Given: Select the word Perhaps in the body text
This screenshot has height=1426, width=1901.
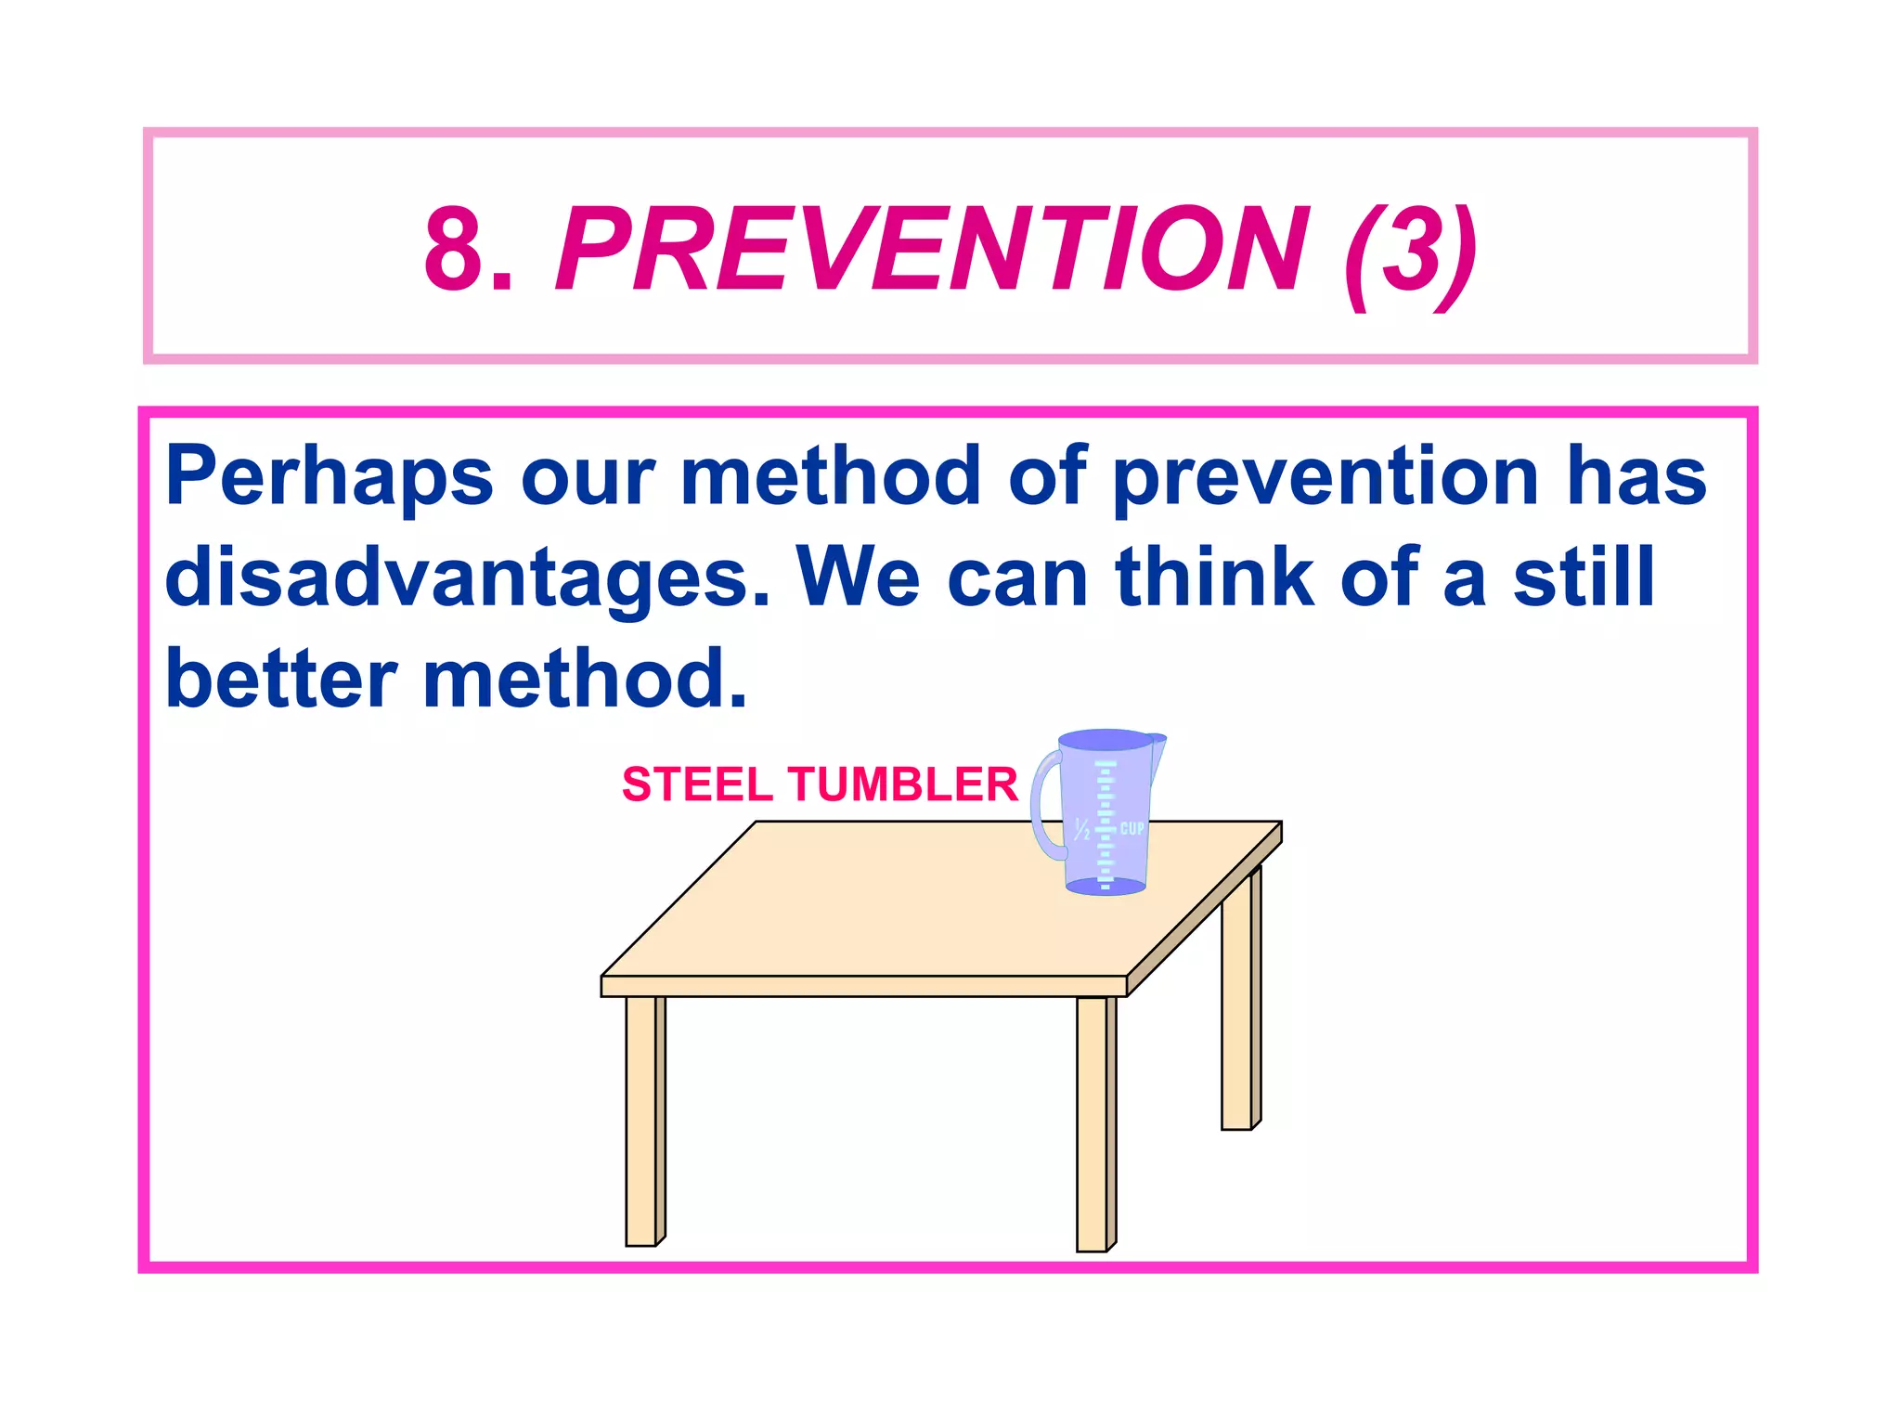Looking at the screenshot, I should point(329,475).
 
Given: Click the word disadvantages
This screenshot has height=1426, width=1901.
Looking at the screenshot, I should point(467,577).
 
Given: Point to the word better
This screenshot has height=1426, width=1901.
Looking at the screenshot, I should point(281,679).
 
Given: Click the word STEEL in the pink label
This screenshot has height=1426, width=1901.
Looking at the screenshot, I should point(695,784).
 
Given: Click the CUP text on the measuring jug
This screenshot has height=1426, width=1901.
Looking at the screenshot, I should point(1132,828).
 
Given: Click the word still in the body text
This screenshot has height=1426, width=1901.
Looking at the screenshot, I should point(1584,577).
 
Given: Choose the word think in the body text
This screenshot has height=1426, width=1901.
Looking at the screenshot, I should point(1215,577).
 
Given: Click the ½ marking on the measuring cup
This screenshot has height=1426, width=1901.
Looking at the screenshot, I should point(1081,829).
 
